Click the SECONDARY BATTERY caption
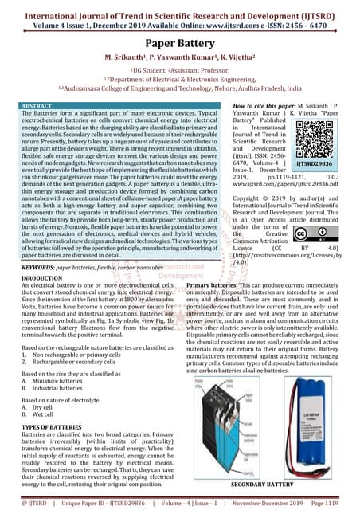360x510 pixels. (263, 484)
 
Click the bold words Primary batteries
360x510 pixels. (214, 284)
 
